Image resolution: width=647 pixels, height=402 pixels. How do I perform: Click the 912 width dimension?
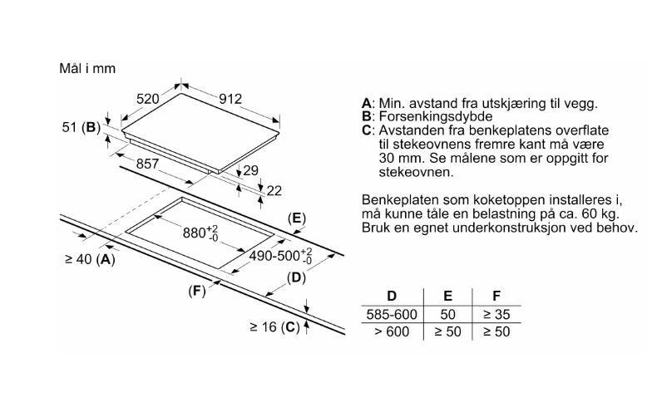[x=230, y=99]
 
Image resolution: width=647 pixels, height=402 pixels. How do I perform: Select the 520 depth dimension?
[x=148, y=99]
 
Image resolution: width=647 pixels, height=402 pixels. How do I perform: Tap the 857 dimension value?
[x=147, y=164]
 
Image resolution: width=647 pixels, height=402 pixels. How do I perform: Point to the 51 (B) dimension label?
[x=81, y=127]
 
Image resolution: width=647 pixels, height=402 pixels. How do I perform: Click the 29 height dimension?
[x=251, y=170]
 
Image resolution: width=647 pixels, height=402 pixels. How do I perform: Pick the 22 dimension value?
[x=274, y=190]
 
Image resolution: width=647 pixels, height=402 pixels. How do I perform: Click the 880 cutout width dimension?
[x=200, y=233]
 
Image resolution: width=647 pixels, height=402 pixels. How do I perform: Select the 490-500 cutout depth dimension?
[x=281, y=256]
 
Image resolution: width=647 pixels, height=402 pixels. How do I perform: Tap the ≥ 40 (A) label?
[x=90, y=259]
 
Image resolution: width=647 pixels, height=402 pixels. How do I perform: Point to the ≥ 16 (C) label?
[x=274, y=327]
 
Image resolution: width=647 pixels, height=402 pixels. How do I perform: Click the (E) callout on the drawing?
[x=297, y=218]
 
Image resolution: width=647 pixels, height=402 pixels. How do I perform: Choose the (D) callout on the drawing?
[x=296, y=278]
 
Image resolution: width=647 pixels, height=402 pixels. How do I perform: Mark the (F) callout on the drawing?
[x=197, y=291]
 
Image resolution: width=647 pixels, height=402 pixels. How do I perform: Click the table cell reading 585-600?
[x=392, y=315]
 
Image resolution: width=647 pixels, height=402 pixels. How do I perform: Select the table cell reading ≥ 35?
[x=496, y=315]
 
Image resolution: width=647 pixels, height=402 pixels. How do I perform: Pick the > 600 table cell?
[x=392, y=331]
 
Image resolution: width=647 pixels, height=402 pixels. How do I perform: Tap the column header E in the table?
[x=447, y=296]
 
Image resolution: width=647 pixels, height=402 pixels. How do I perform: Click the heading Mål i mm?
[x=87, y=68]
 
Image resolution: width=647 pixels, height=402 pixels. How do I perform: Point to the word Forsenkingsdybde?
[x=436, y=116]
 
